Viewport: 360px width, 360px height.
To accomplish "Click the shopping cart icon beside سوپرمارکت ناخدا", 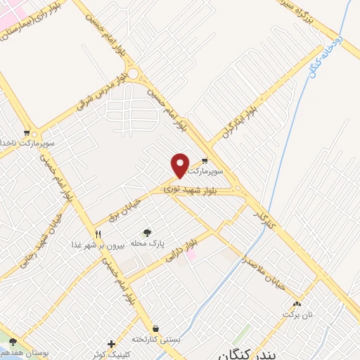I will [27, 132].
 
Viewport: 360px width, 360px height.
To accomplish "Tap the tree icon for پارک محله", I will [147, 233].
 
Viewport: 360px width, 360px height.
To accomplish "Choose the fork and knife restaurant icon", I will [98, 234].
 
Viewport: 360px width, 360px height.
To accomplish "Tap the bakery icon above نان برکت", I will [297, 304].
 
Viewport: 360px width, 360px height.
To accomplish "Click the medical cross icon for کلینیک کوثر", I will [111, 343].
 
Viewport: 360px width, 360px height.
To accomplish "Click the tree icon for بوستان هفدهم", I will [13, 341].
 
